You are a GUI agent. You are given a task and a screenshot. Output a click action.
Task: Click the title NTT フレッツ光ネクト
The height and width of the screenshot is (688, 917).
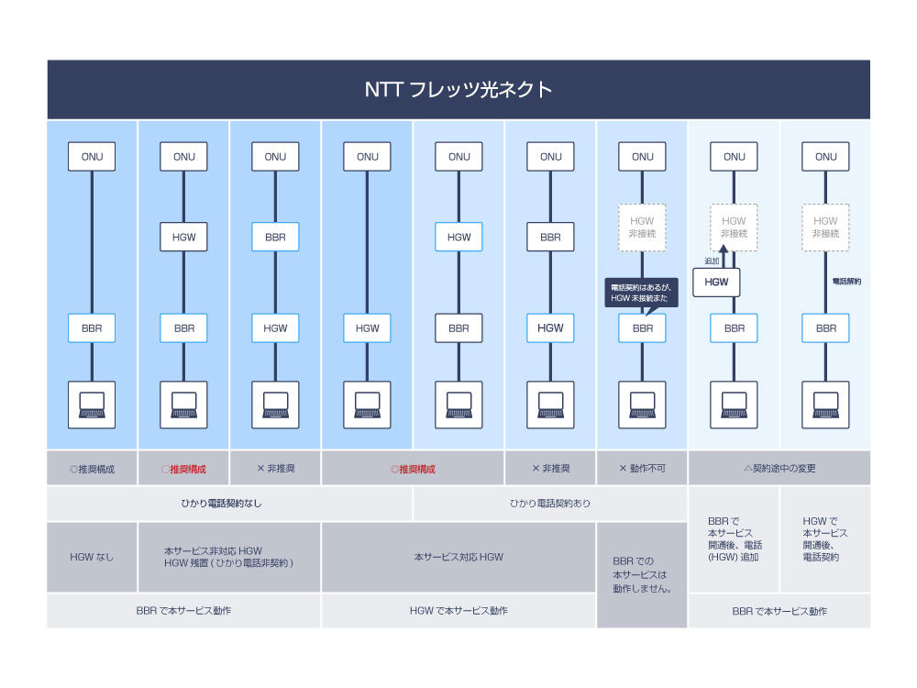(458, 90)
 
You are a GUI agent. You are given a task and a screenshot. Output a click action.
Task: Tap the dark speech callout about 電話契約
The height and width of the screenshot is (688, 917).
(642, 293)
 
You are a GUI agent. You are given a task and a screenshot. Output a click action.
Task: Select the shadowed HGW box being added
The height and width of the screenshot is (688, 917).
(716, 283)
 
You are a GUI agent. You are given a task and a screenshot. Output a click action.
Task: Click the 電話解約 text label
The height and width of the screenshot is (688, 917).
(845, 282)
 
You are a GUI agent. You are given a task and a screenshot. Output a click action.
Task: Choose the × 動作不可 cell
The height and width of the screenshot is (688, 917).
(642, 468)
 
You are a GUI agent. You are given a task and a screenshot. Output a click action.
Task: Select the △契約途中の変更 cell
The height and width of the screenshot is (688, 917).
(779, 468)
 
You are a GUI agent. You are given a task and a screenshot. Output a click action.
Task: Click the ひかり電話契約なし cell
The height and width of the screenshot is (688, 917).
(229, 504)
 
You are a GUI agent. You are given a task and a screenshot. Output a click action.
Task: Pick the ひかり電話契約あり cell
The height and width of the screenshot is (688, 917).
(550, 504)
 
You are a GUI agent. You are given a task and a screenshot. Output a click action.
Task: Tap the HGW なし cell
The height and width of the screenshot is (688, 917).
(92, 557)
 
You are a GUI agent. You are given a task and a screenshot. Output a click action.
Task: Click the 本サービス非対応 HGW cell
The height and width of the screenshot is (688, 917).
(229, 557)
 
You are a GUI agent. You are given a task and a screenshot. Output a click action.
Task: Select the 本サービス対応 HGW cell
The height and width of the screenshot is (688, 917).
(458, 557)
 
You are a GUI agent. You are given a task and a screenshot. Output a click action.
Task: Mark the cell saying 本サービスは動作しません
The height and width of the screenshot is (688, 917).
(642, 574)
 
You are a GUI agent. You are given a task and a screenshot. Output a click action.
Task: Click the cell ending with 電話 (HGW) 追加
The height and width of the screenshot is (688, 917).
(734, 538)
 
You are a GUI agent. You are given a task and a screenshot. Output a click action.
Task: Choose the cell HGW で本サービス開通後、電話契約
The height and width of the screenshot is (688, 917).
(825, 538)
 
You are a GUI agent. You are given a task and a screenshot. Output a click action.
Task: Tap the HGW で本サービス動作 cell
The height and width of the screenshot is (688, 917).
(458, 610)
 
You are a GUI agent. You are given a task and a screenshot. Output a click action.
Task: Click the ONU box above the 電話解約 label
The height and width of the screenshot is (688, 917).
(825, 157)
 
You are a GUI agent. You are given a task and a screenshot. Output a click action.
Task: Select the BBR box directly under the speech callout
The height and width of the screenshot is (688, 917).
(642, 327)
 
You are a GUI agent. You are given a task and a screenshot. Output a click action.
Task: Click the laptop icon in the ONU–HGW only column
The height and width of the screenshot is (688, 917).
(367, 405)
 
